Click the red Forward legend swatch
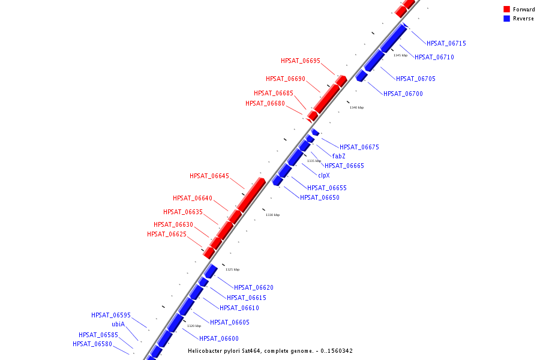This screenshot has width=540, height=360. [507, 9]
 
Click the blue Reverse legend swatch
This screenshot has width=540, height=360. [507, 19]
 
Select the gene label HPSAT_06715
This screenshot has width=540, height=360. [446, 43]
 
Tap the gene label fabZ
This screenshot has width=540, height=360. [338, 156]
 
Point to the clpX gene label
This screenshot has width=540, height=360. [323, 175]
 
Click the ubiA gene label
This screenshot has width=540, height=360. [118, 324]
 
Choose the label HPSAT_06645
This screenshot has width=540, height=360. [209, 176]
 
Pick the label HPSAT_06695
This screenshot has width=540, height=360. [301, 61]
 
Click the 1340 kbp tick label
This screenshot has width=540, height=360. [356, 107]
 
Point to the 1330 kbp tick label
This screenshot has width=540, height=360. [272, 215]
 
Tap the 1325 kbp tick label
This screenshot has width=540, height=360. [232, 269]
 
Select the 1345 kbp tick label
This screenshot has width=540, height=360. [400, 55]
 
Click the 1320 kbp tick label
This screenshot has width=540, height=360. [194, 326]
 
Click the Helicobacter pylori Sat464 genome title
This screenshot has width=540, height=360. [270, 350]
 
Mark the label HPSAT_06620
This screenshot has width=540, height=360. [254, 287]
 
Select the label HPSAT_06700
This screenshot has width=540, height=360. [403, 94]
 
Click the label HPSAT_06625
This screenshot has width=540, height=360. [167, 234]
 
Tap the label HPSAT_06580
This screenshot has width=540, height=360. [92, 344]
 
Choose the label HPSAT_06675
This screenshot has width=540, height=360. [359, 147]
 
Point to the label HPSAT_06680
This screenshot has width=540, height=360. [265, 103]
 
